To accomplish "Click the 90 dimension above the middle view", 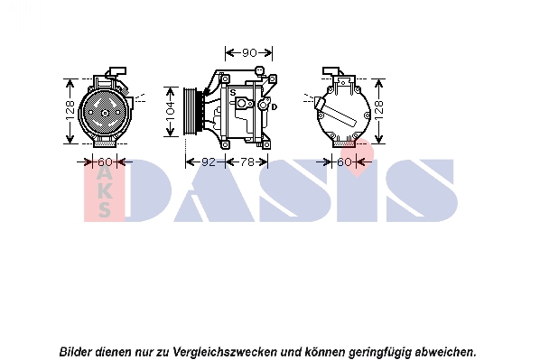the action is point(249,52).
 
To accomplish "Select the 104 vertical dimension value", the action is point(171,112).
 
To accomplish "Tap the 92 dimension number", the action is point(209,162).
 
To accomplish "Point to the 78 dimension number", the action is point(247,162).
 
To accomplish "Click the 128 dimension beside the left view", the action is point(70,110).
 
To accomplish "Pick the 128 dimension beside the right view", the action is point(379,110).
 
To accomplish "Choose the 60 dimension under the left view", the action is point(105,162).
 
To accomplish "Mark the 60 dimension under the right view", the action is point(344,162).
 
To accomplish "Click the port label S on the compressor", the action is point(233,93).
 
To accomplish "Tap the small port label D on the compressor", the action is point(275,107).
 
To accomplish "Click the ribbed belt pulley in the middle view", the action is point(190,111).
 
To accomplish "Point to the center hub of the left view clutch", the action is point(105,113).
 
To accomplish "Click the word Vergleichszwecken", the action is point(225,352).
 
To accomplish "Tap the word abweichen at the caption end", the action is point(446,352).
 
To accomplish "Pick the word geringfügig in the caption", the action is point(380,353).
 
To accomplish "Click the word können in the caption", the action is point(325,352).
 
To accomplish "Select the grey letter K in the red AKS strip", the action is point(105,191).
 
